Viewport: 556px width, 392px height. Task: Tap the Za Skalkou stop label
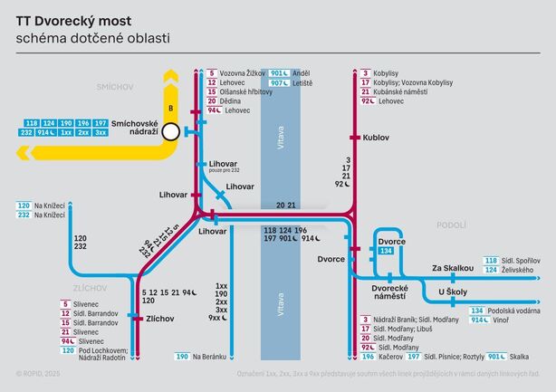click(x=453, y=268)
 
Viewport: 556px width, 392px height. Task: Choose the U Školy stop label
click(x=453, y=292)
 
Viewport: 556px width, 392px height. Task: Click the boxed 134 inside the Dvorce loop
click(x=387, y=251)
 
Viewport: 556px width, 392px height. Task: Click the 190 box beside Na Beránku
click(x=183, y=358)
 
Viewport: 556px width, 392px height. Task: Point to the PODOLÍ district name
click(x=450, y=225)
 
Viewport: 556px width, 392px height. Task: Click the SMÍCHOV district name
click(x=115, y=86)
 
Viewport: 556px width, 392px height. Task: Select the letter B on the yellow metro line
click(x=168, y=80)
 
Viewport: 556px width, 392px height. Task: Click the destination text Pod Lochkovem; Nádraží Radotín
click(x=99, y=354)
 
